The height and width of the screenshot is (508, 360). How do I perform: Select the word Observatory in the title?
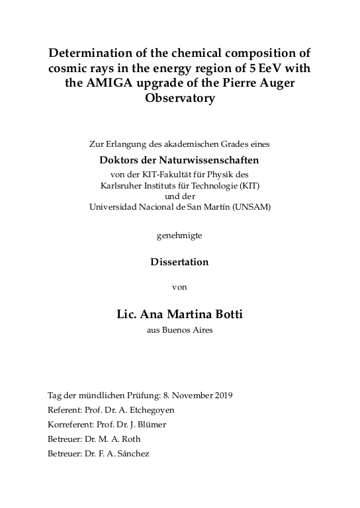click(x=180, y=99)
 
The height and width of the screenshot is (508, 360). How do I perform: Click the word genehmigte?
click(x=180, y=235)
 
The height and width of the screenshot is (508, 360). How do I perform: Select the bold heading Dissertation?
click(x=180, y=261)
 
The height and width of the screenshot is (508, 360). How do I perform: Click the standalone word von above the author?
click(x=180, y=287)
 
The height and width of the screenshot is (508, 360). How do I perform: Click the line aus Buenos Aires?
click(x=180, y=330)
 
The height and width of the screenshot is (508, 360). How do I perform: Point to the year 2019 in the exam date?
click(x=218, y=396)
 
